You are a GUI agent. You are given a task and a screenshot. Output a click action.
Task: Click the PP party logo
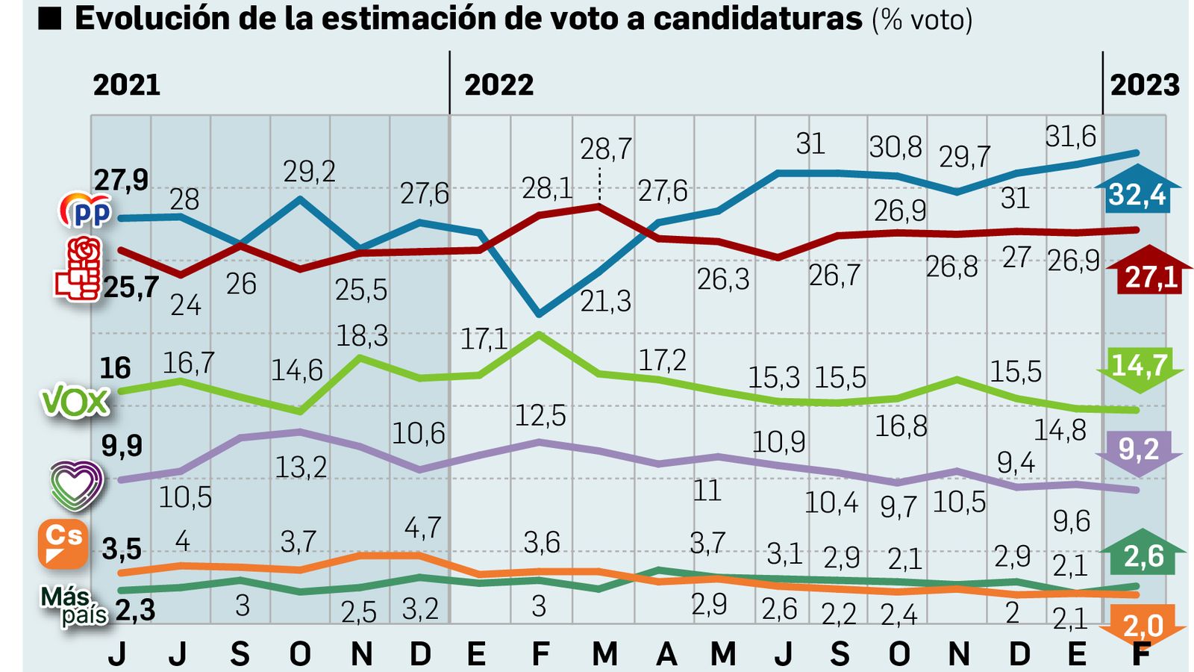[x=86, y=211]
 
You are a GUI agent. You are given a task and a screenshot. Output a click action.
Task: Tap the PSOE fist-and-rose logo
[x=78, y=270]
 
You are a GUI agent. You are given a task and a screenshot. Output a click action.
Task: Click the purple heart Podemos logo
[x=76, y=486]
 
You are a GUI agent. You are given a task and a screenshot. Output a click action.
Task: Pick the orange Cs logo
[x=63, y=544]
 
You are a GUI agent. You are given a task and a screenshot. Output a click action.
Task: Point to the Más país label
[x=73, y=606]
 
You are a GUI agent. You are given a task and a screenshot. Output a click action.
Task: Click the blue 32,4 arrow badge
[x=1137, y=193]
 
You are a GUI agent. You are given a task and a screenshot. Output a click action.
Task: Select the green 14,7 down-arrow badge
[x=1140, y=367]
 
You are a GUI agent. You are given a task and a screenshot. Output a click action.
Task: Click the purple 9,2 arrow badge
[x=1139, y=451]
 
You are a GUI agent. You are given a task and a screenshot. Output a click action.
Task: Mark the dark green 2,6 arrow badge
[x=1143, y=554]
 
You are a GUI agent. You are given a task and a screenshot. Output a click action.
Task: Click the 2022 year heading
[x=498, y=85]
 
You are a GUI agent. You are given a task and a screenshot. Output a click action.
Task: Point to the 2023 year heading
[x=1144, y=85]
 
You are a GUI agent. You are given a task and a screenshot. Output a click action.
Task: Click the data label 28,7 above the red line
[x=606, y=150]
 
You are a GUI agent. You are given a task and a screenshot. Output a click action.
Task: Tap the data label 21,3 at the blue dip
[x=606, y=302]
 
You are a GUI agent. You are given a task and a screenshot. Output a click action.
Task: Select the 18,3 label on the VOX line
[x=361, y=336]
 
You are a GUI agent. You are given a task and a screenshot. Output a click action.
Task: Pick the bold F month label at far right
[x=1140, y=654]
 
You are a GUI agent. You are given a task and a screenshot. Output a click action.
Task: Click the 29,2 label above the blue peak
[x=309, y=172]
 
